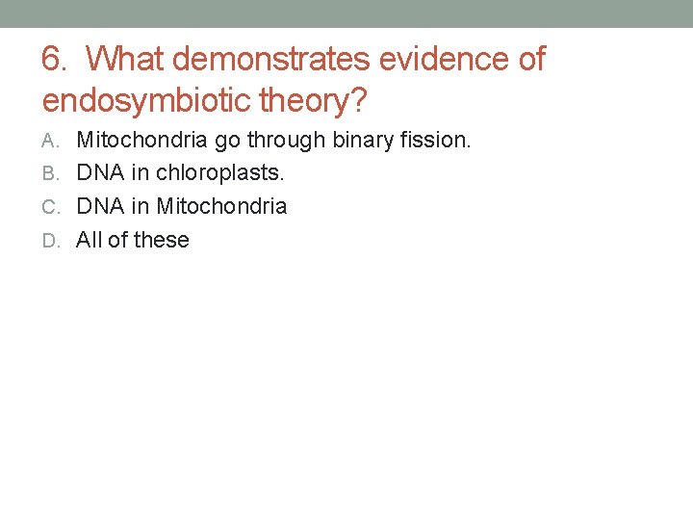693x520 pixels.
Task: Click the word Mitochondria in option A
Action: click(141, 140)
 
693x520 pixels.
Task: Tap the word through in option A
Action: click(286, 141)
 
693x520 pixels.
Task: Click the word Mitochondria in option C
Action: click(221, 206)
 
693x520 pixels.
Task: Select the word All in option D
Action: click(89, 240)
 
